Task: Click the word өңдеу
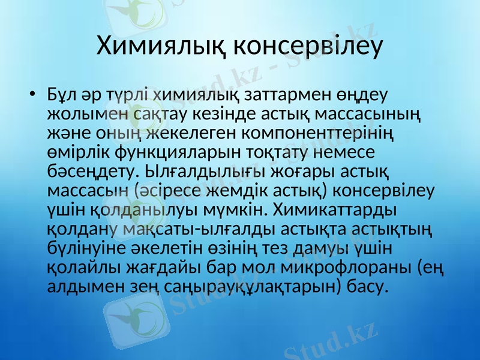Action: point(366,95)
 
